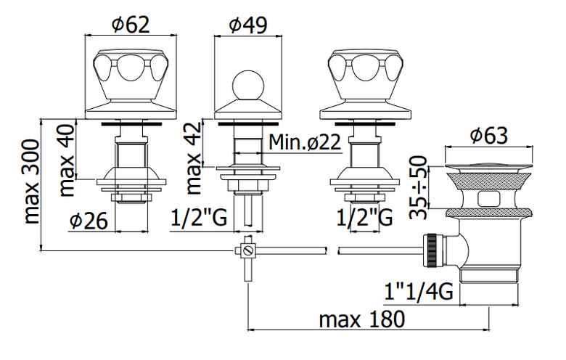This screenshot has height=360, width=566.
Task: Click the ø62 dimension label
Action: pyautogui.click(x=131, y=25)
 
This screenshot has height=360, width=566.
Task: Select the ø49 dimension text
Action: pyautogui.click(x=248, y=25)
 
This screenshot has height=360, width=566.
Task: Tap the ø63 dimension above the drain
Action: pyautogui.click(x=489, y=136)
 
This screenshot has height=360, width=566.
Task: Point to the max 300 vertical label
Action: pyautogui.click(x=31, y=181)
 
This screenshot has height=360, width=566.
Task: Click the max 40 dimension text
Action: pyautogui.click(x=67, y=159)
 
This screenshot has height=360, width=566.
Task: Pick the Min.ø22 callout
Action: pyautogui.click(x=305, y=142)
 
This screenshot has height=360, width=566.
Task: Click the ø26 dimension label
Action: pyautogui.click(x=89, y=221)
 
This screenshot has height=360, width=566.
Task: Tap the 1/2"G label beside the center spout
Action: pyautogui.click(x=199, y=218)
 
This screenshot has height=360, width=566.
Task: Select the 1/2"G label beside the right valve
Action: pyautogui.click(x=364, y=218)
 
